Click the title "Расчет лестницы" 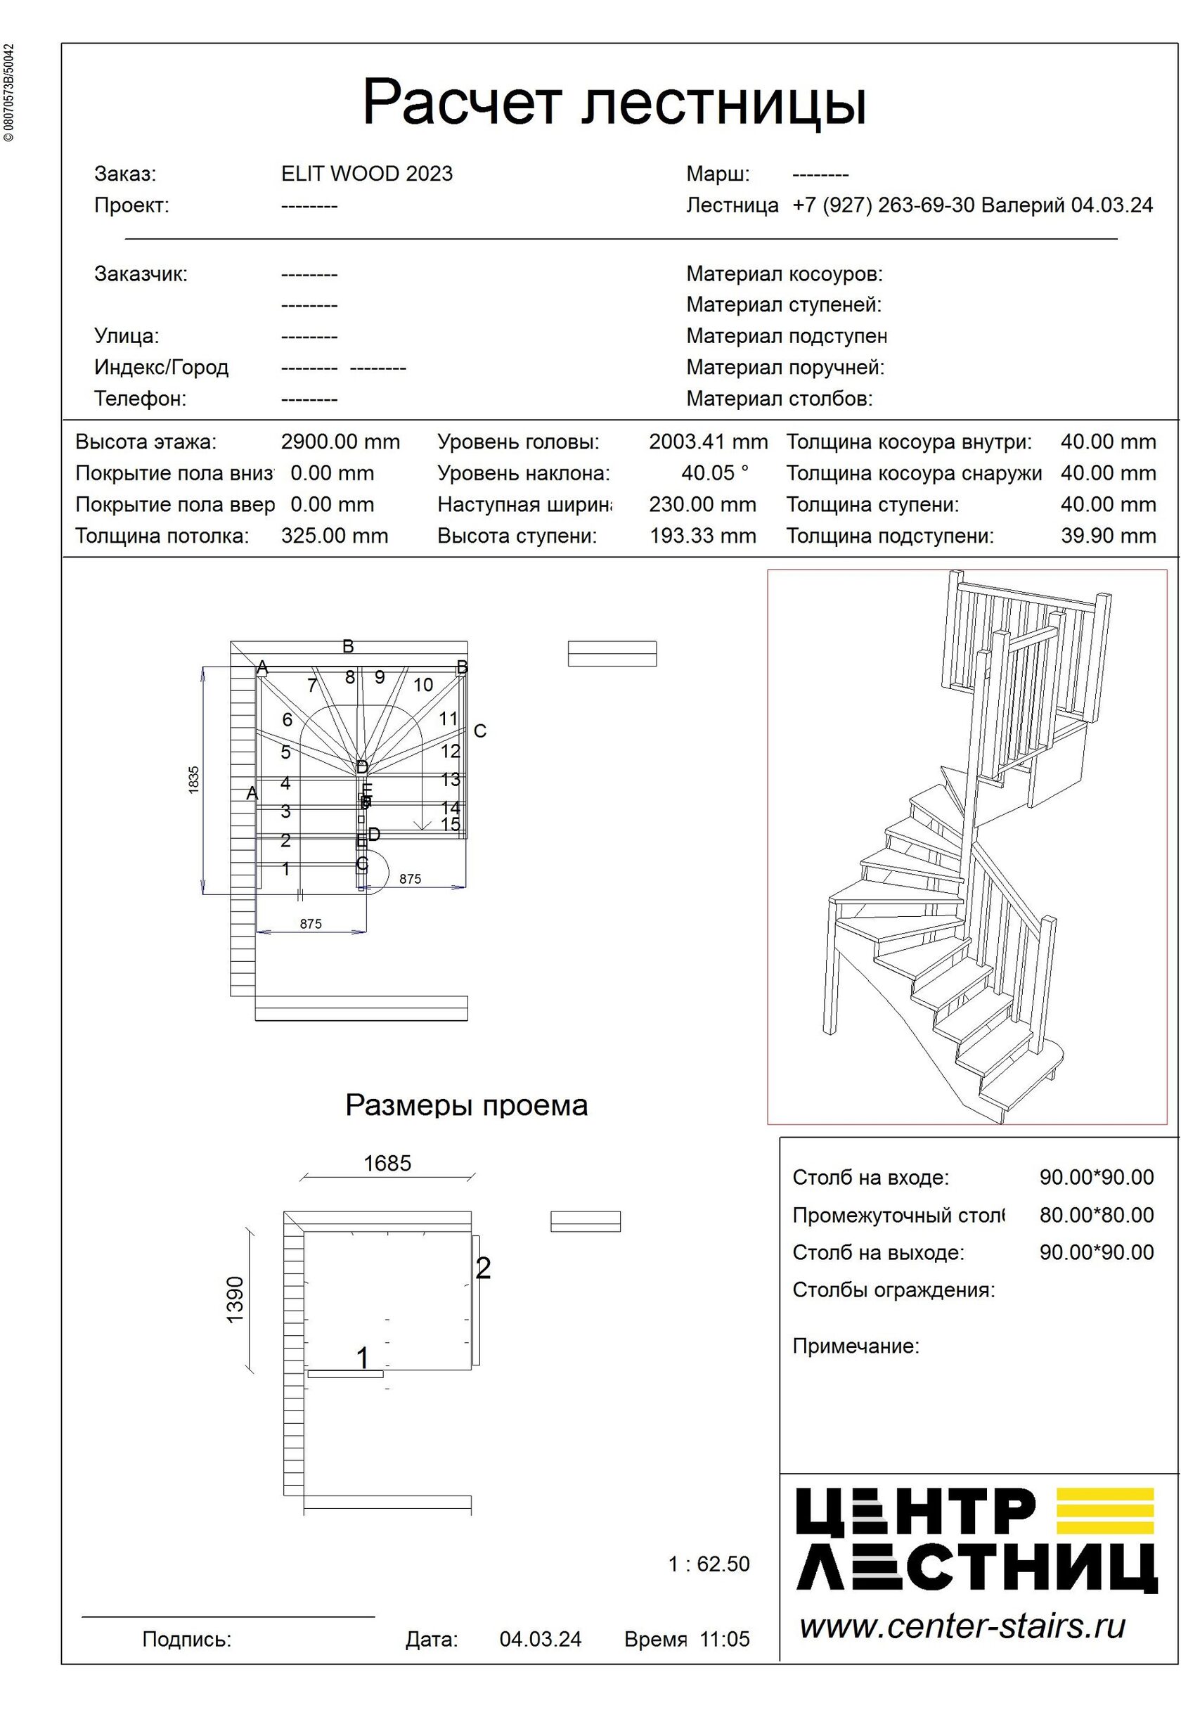click(614, 103)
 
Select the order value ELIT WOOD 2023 click(366, 174)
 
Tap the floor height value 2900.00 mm click(340, 442)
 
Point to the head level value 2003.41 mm click(708, 442)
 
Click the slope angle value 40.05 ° click(714, 473)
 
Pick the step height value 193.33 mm click(702, 536)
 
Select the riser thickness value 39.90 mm click(1108, 536)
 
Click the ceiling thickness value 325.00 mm click(334, 536)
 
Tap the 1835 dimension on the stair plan click(194, 780)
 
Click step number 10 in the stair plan click(423, 685)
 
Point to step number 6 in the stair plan click(287, 719)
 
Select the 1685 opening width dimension click(387, 1163)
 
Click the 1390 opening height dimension click(235, 1299)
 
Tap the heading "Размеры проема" click(466, 1105)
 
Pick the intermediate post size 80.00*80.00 click(1096, 1215)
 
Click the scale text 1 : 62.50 click(709, 1564)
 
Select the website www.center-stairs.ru click(962, 1626)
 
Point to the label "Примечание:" click(856, 1346)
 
